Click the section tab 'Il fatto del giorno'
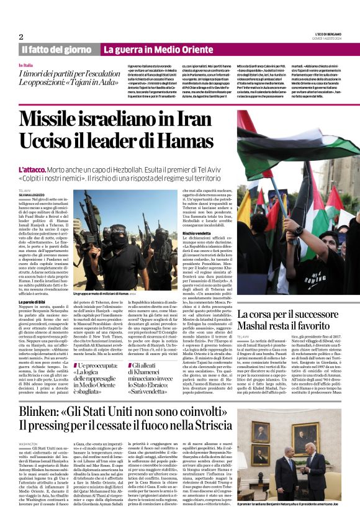coord(56,50)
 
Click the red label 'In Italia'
coord(26,65)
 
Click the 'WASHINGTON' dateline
coord(29,445)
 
